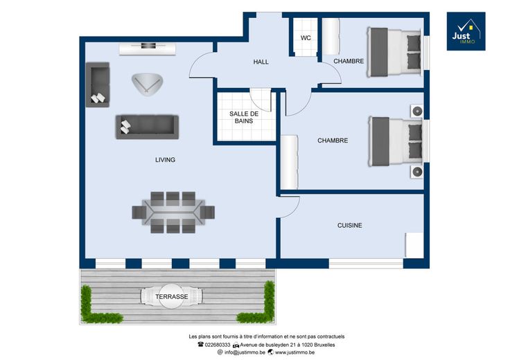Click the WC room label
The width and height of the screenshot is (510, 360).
point(306,37)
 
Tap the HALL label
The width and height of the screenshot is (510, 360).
point(261,62)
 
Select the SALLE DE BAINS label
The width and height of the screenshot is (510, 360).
point(244,117)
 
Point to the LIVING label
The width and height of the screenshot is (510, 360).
point(165,160)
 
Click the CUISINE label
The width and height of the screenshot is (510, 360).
point(350,226)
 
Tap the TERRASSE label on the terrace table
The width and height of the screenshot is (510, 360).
point(171,296)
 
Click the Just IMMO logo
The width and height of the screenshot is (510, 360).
point(466,31)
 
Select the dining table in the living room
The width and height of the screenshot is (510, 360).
point(173,213)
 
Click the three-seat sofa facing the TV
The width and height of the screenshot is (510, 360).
point(147,127)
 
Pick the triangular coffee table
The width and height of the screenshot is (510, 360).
point(147,84)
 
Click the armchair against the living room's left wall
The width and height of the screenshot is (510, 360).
point(97,84)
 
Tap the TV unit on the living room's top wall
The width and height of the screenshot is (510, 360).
point(148,49)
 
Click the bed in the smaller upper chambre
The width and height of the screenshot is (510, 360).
point(394,53)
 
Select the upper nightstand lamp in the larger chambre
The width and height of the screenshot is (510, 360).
point(416,111)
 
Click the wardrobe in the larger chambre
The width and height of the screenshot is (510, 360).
point(289,162)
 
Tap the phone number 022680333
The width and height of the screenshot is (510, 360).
point(218,345)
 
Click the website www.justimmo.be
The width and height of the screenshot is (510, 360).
point(294,352)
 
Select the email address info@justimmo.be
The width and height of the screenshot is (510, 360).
point(245,352)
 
